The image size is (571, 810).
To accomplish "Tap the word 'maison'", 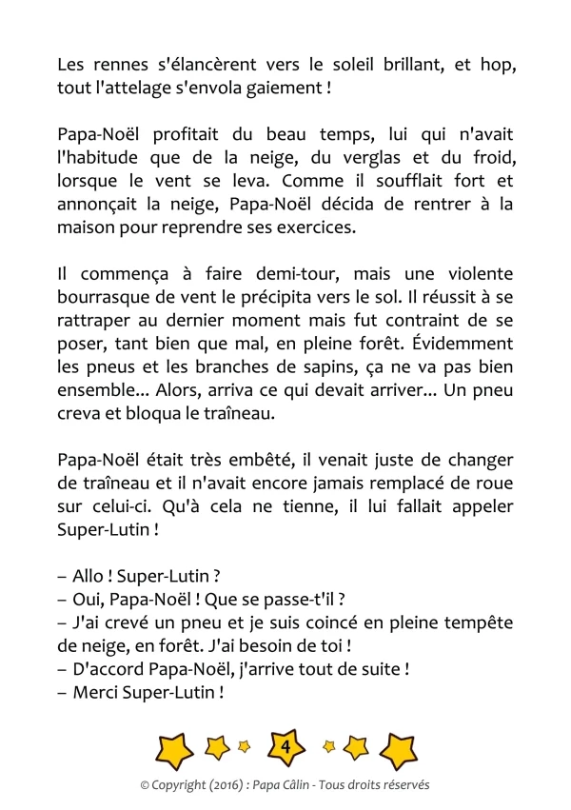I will [x=87, y=227].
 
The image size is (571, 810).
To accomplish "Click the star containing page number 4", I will [x=285, y=748].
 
